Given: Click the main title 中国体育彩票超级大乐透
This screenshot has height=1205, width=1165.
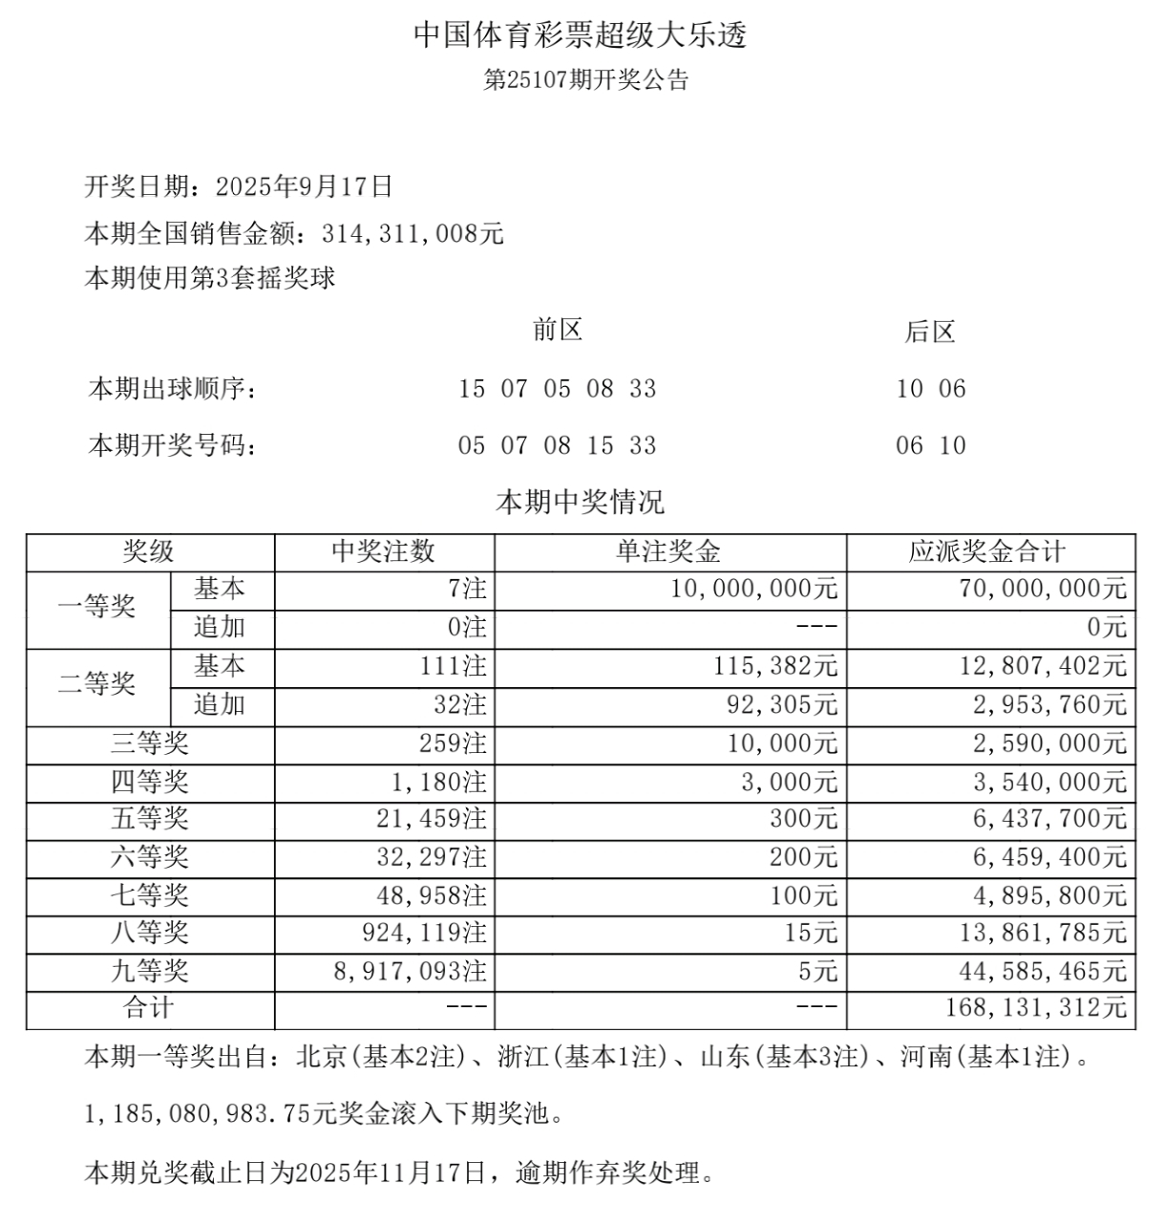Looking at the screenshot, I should pyautogui.click(x=580, y=35).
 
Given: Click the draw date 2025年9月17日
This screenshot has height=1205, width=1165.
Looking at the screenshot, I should pyautogui.click(x=305, y=186).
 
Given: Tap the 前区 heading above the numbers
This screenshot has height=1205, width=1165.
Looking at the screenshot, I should pyautogui.click(x=557, y=331).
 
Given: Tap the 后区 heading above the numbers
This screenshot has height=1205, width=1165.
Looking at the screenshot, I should pyautogui.click(x=929, y=333).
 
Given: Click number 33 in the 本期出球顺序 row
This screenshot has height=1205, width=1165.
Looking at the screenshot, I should pyautogui.click(x=643, y=389).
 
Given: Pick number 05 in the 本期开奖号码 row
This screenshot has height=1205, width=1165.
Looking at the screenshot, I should pyautogui.click(x=472, y=445).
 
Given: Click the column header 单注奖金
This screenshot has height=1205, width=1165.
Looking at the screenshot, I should pyautogui.click(x=668, y=551).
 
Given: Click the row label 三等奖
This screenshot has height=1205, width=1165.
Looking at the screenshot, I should pyautogui.click(x=150, y=743).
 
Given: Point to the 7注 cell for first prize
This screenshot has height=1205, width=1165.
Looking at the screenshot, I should pyautogui.click(x=467, y=589).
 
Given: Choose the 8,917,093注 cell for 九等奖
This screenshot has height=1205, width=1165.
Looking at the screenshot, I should pyautogui.click(x=410, y=972).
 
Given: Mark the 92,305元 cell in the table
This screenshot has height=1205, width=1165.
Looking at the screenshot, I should pyautogui.click(x=782, y=704).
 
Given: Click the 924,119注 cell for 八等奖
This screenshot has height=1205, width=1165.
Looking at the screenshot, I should pyautogui.click(x=426, y=933).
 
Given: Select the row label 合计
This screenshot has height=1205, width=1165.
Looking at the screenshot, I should pyautogui.click(x=149, y=1007).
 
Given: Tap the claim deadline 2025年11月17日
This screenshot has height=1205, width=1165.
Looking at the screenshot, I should pyautogui.click(x=391, y=1172).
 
